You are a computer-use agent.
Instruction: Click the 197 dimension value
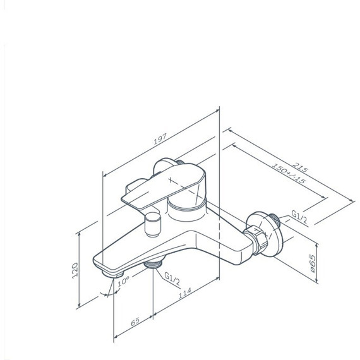click(x=160, y=139)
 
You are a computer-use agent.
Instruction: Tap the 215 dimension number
click(x=300, y=167)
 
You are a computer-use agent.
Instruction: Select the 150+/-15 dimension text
click(x=289, y=173)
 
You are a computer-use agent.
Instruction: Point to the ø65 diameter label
click(x=313, y=263)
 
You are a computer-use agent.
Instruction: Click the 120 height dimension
click(x=75, y=270)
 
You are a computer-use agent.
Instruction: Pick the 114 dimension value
click(x=185, y=293)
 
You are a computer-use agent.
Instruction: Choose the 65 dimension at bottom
click(x=135, y=321)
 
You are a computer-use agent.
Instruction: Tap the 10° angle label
click(x=124, y=281)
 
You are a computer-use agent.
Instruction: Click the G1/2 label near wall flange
click(x=299, y=217)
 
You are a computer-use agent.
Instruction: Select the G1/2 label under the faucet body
click(x=172, y=279)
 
